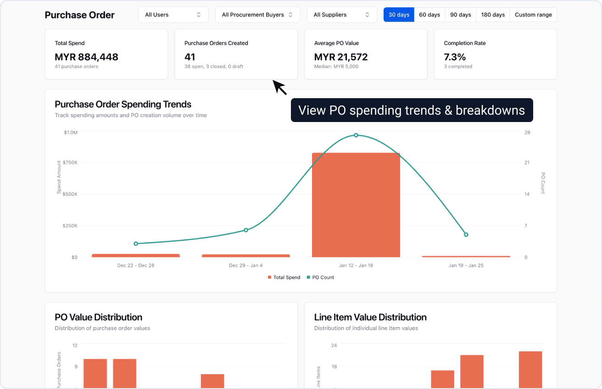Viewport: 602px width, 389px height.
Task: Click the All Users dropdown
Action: tap(173, 15)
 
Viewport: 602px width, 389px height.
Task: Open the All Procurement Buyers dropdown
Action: tap(257, 15)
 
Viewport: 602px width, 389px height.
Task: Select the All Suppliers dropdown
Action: tap(341, 15)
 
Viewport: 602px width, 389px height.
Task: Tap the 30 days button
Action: tap(399, 15)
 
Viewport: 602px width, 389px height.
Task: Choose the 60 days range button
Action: tap(429, 15)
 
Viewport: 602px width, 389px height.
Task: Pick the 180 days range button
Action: tap(493, 15)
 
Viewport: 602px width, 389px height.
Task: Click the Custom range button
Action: tap(533, 15)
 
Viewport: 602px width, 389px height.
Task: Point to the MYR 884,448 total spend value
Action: tap(86, 57)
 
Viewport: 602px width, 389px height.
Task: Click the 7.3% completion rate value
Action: tap(455, 57)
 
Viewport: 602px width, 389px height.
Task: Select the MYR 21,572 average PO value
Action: tap(341, 57)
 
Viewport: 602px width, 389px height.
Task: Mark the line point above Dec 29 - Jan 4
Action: tap(246, 230)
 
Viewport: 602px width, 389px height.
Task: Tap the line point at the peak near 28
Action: tap(356, 135)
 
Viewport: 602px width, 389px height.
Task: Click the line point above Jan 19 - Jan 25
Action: tap(466, 234)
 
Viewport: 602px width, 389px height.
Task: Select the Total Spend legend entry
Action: tap(284, 278)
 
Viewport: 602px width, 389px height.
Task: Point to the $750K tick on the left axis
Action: tap(70, 162)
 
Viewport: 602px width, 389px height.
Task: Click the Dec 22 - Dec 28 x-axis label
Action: tap(136, 266)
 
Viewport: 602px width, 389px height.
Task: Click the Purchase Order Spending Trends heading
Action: tap(123, 104)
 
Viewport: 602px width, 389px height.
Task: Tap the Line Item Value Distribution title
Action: tap(370, 317)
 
